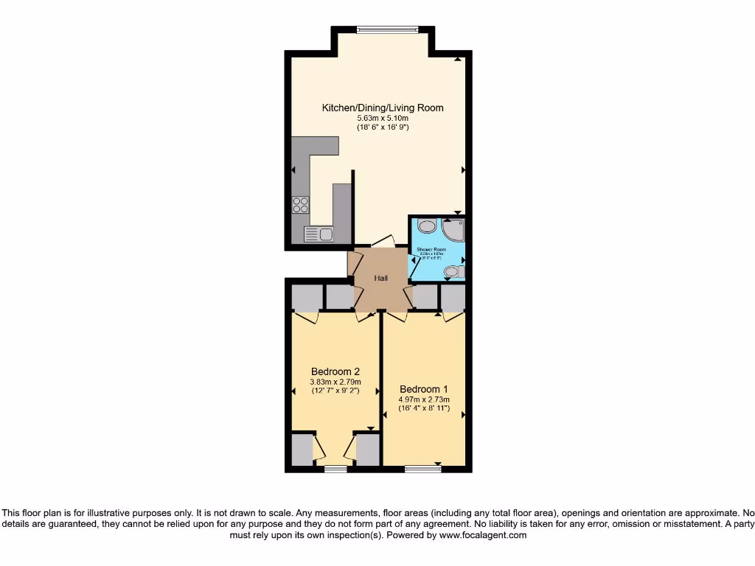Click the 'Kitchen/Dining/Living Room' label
(x=383, y=108)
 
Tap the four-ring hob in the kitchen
(x=300, y=204)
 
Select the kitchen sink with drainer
(x=319, y=234)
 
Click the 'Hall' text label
(x=381, y=278)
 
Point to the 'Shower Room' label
(x=431, y=250)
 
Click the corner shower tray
(x=452, y=230)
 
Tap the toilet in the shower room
(x=454, y=272)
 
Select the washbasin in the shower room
(x=425, y=226)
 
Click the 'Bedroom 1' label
(x=423, y=389)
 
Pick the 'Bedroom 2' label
(x=335, y=371)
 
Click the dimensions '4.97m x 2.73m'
(x=423, y=400)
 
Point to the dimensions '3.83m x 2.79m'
(x=335, y=382)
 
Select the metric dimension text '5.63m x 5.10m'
(x=383, y=118)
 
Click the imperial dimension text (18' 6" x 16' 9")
(x=383, y=127)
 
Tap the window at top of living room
(x=387, y=30)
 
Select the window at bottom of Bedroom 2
(x=335, y=468)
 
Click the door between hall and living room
(x=383, y=242)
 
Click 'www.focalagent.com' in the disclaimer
(x=483, y=536)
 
